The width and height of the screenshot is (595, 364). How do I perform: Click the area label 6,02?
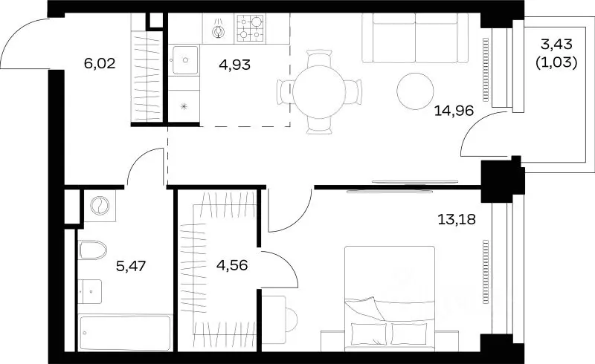pos(100,63)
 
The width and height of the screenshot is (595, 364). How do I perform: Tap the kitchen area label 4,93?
pos(234,65)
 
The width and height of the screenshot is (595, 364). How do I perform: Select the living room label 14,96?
pos(454,111)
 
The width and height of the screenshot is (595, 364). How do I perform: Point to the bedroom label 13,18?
pos(457,219)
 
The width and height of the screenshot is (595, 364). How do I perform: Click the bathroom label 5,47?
pos(131,266)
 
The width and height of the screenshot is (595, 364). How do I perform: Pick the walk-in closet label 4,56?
pos(232,265)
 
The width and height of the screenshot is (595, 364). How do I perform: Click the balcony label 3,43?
pos(556,45)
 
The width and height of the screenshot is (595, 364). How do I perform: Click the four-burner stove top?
pos(251,28)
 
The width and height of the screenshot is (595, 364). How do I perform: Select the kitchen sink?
pos(185,60)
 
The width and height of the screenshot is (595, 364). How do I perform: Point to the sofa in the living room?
pos(415,38)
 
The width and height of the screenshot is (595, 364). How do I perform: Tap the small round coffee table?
pos(415,91)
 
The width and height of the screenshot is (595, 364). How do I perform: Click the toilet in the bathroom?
pos(93,250)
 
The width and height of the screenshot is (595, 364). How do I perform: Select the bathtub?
pos(125,334)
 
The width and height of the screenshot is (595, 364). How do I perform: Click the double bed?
pos(390,299)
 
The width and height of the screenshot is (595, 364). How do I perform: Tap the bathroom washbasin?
pos(90,292)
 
